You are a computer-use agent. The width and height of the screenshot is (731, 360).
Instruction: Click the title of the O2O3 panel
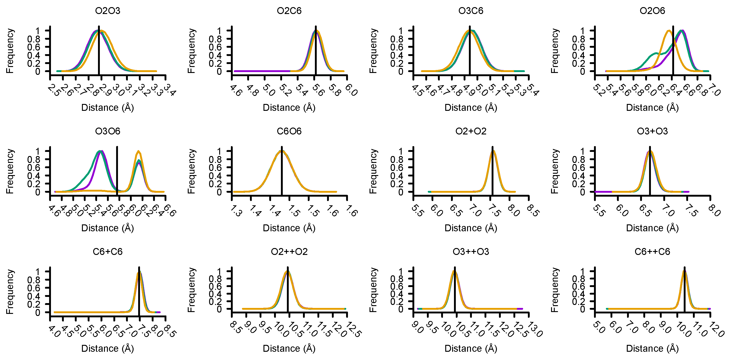point(108,11)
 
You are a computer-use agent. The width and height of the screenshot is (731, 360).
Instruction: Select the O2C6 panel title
point(289,11)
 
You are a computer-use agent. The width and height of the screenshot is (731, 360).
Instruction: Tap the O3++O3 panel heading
point(471,252)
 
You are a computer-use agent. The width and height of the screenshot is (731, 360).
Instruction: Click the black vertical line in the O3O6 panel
point(117,170)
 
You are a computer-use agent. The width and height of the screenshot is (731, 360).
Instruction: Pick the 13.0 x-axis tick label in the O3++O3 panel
point(535,331)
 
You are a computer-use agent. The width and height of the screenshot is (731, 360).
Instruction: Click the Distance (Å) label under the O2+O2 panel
point(471,228)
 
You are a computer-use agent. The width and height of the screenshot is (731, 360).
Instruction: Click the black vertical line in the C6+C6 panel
point(139,292)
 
